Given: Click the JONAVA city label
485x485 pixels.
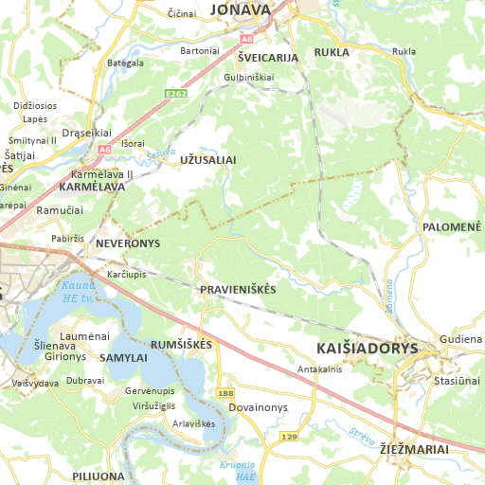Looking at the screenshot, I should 240,9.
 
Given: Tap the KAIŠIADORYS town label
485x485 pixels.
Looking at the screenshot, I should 368,348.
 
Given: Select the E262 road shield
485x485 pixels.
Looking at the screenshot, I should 174,94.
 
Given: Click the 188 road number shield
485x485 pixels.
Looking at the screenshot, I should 225,392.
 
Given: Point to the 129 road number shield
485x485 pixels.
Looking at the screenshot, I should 289,437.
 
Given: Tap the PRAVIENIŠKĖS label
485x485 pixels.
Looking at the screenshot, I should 238,289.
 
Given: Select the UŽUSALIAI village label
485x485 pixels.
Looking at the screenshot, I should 207,161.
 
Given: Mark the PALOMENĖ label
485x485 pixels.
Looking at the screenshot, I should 452,227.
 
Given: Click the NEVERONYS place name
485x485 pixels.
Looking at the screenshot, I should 128,243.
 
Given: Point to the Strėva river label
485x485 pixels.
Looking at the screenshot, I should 361,437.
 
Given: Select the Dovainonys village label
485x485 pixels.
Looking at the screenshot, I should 258,407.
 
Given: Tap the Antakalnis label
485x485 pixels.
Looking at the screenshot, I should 319,368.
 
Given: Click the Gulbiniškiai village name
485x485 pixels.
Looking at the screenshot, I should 248,77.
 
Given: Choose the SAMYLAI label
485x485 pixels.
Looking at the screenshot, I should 123,358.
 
